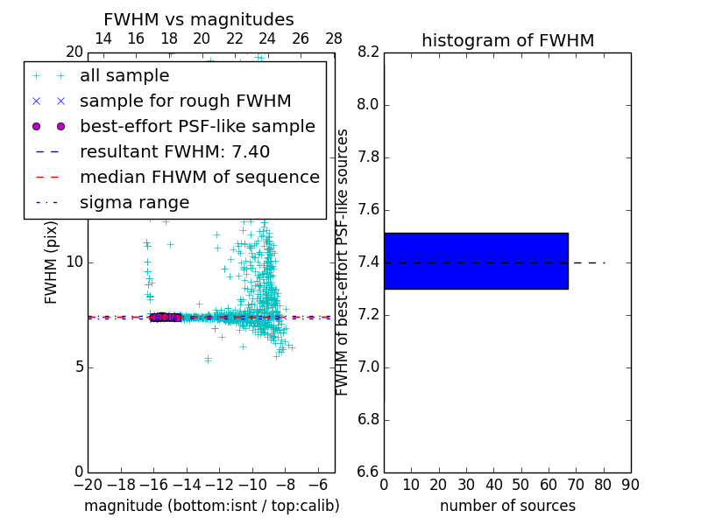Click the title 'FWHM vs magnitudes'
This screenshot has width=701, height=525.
[199, 19]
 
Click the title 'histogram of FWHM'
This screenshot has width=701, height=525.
[507, 40]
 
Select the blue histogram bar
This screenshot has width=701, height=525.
[476, 261]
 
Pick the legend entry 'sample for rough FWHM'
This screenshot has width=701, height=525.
[185, 101]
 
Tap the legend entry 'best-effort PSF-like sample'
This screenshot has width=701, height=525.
[197, 126]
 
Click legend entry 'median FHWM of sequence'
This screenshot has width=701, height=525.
[199, 177]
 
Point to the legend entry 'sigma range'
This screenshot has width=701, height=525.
[134, 202]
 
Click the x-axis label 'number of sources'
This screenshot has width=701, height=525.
[507, 506]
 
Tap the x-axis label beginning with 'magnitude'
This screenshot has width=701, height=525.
[211, 506]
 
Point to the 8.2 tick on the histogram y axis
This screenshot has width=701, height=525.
[369, 52]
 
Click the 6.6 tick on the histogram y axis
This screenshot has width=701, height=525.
[369, 472]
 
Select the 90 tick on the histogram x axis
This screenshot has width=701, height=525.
[630, 485]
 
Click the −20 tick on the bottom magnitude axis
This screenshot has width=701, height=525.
[88, 485]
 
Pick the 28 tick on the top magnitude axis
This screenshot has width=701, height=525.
[334, 38]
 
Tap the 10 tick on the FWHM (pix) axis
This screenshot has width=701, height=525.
[74, 262]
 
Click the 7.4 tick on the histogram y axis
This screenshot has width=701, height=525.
[369, 262]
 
